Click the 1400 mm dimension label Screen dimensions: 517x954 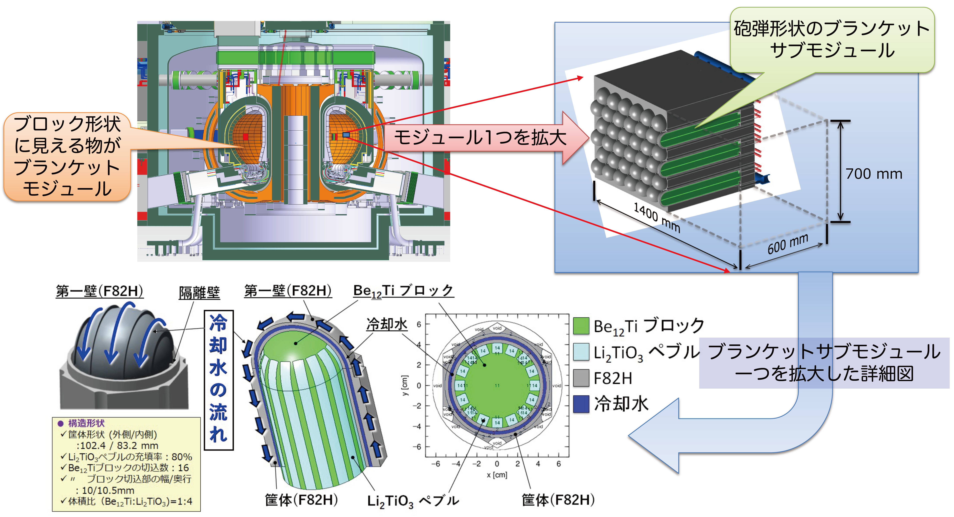pos(657,218)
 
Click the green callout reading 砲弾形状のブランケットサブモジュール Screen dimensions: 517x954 pos(832,40)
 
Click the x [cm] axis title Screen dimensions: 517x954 pos(497,475)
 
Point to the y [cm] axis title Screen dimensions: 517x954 pos(405,385)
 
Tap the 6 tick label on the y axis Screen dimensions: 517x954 pos(419,324)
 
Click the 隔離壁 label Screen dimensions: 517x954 pos(199,293)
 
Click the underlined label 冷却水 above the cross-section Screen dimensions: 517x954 pos(387,324)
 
